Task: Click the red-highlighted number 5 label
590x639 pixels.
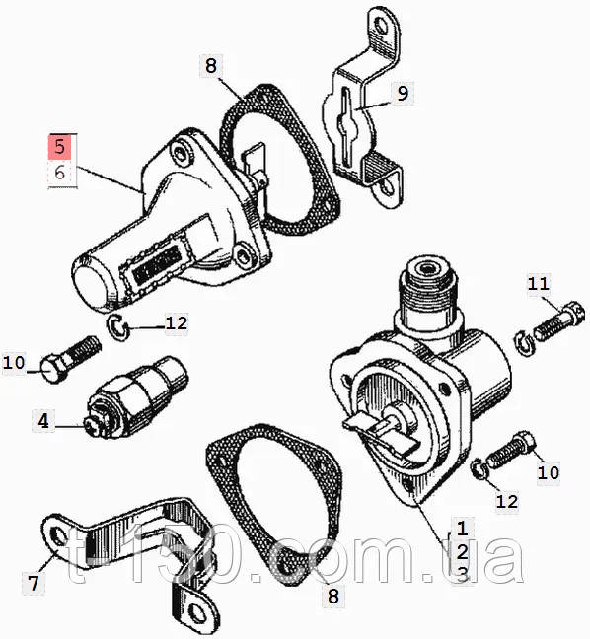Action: [60, 147]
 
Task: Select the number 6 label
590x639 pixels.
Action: [60, 173]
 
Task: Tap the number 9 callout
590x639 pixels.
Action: [402, 94]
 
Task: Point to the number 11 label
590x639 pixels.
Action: [539, 284]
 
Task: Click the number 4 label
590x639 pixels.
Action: [43, 420]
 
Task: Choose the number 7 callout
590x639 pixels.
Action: [34, 583]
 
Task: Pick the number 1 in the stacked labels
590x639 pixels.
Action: [462, 529]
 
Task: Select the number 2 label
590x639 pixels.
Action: [462, 552]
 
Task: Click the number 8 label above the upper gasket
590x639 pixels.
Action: [211, 66]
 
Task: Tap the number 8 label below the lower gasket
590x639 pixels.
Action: [333, 597]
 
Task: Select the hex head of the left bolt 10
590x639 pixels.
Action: [53, 369]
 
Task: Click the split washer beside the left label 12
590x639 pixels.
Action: [117, 327]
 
